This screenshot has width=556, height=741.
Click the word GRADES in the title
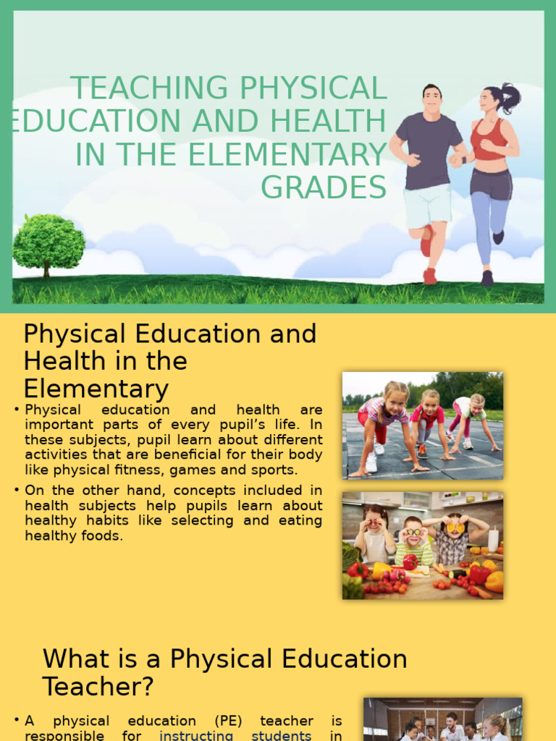324,187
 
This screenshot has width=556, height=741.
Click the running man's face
431,101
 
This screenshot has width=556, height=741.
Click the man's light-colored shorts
427,204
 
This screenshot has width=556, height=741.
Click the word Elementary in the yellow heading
96,389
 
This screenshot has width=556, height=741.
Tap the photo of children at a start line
422,425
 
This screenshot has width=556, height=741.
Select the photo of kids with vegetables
422,545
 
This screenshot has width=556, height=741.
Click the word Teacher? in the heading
98,686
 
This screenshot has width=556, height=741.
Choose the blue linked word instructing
195,735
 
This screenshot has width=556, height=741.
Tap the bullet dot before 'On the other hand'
16,490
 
